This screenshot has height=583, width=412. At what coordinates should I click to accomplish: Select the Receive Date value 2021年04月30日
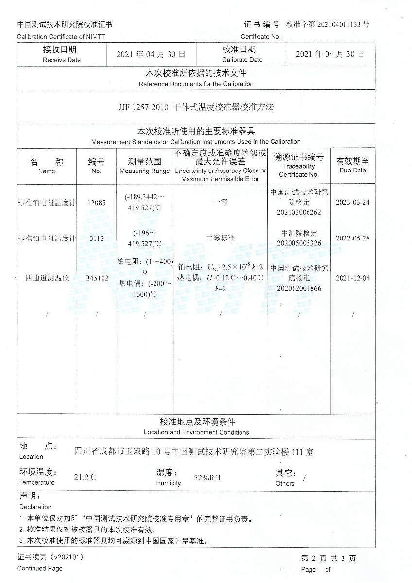pos(151,54)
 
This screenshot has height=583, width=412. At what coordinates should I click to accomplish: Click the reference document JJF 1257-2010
pos(143,107)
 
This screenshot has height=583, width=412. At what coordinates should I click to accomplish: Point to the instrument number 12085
pos(96,203)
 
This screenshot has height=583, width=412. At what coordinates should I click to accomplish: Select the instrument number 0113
pos(96,239)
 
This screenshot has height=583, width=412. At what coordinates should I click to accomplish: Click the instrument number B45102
pos(96,279)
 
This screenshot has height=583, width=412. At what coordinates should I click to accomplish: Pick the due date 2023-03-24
pos(353,202)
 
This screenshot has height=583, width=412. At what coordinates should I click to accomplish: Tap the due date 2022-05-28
pos(353,239)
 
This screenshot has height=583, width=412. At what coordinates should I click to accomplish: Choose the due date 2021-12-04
pos(353,278)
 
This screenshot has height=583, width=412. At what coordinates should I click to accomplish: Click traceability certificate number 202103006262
pos(299,212)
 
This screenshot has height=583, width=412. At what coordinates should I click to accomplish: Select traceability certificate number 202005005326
pos(299,243)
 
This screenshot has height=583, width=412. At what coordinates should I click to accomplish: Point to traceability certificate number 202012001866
pos(299,288)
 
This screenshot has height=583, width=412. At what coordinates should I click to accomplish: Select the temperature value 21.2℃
pos(85,477)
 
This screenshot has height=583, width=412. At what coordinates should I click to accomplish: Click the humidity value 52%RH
pos(207,478)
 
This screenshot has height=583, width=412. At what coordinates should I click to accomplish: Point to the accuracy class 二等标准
pos(220,238)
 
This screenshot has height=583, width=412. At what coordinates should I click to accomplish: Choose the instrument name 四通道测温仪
pos(47,278)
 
